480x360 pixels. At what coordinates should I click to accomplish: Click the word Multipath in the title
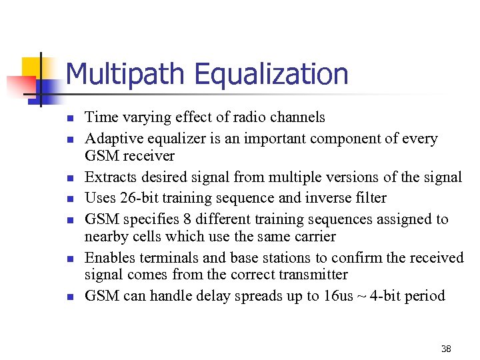pos(121,74)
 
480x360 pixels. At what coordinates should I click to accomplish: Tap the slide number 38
pos(445,349)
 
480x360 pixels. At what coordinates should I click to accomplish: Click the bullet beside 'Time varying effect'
pos(68,119)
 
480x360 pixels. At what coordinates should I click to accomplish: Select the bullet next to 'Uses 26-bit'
pos(68,199)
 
